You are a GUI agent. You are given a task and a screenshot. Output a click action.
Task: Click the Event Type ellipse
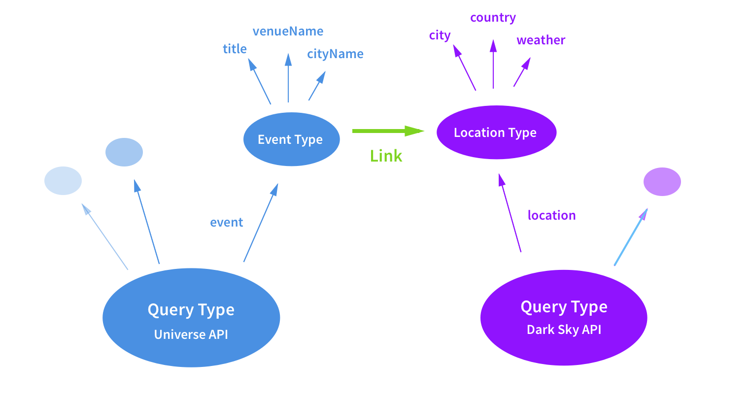point(291,139)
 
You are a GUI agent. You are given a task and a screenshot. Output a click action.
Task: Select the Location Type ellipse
point(497,132)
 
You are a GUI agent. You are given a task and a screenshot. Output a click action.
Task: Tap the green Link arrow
point(388,131)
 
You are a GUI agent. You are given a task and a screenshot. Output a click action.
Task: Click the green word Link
point(386,156)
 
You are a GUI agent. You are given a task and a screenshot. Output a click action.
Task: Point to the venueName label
point(288,31)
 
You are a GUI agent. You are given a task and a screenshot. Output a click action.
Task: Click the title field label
point(235,49)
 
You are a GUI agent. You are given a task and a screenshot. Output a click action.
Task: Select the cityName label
point(335,54)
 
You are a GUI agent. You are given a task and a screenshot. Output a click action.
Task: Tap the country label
point(493,17)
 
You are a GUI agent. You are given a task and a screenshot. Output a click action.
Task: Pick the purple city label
point(440,35)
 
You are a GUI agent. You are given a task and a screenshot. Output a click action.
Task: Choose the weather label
point(541,40)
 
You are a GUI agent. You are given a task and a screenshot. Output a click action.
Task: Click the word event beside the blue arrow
point(226,222)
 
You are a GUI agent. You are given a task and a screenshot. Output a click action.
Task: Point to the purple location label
point(551,215)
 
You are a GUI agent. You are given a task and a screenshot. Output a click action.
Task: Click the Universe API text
point(191,334)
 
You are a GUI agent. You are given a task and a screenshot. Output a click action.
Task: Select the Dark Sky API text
point(564,330)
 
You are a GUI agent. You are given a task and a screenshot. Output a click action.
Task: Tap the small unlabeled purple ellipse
point(662,182)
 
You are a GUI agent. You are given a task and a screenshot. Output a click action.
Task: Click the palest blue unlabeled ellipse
point(63,181)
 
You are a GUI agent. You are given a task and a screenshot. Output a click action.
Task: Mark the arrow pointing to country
point(493,64)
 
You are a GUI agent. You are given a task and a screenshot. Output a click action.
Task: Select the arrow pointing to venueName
point(288,78)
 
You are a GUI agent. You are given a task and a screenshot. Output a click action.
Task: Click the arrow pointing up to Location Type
point(510,213)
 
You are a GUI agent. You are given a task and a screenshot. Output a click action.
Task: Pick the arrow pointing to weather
point(522,72)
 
